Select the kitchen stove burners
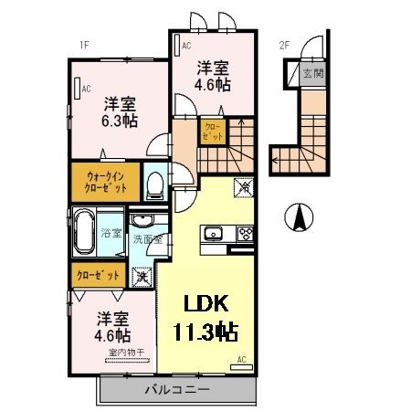[x=244, y=232]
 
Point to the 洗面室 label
[x=146, y=239]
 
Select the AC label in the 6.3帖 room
[x=86, y=89]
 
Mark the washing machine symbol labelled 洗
[x=142, y=275]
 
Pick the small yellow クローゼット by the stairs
[x=211, y=133]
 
